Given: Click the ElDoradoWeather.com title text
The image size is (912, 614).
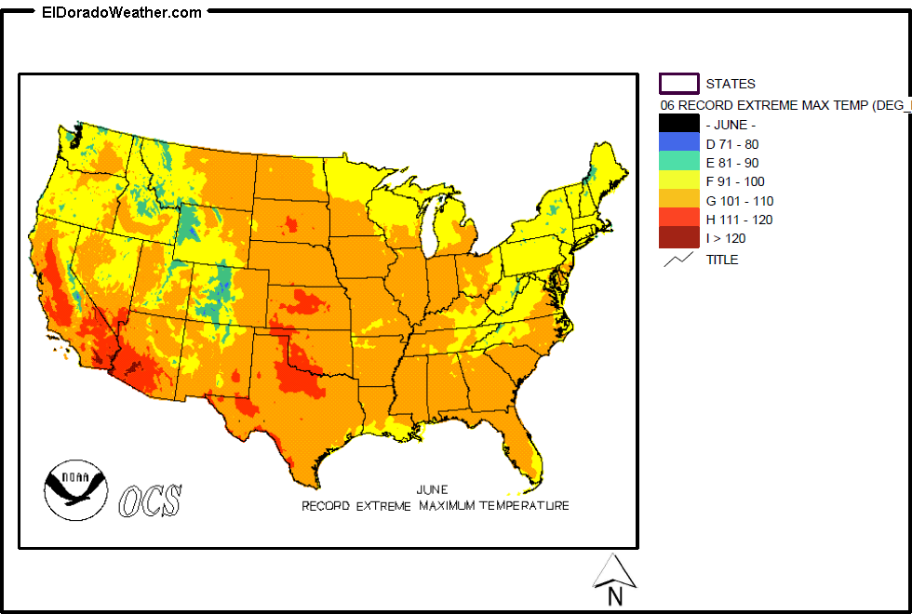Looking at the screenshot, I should [x=121, y=12].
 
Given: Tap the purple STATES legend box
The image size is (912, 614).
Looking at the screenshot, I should [x=678, y=84].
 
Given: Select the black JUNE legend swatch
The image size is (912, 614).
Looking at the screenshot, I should [x=678, y=125].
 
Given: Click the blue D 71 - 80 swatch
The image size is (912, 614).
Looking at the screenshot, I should [x=678, y=143].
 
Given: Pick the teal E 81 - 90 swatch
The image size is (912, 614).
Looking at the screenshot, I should [x=678, y=162].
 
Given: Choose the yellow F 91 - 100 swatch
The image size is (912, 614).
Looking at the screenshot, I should [x=678, y=181].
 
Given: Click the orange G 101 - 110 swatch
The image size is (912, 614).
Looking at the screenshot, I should [x=678, y=200].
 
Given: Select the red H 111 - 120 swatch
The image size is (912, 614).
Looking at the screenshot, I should [x=678, y=220].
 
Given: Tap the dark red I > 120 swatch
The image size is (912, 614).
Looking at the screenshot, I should [x=678, y=238].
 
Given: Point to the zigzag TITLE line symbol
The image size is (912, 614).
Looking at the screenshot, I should [x=678, y=260].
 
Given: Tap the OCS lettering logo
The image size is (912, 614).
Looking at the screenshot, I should [x=150, y=501].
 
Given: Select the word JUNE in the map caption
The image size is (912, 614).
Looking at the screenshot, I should [x=432, y=489].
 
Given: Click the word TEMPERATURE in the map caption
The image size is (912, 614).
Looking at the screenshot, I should [x=524, y=506].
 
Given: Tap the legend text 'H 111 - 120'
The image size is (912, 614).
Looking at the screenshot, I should [x=739, y=220].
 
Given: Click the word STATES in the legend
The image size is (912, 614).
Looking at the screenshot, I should [x=731, y=84].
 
